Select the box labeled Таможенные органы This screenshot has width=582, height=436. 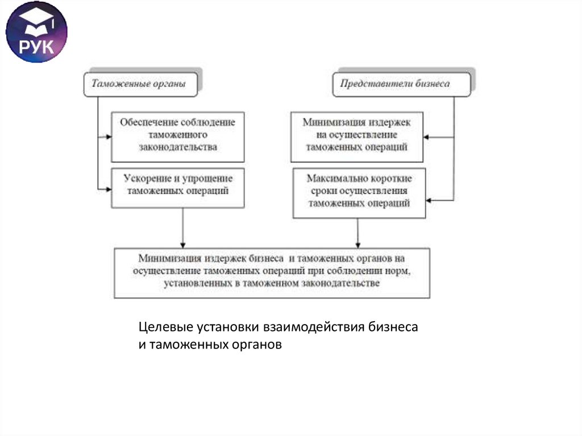tap(143, 84)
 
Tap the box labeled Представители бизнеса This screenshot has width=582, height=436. tap(401, 84)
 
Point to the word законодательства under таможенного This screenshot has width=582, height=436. tap(178, 147)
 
